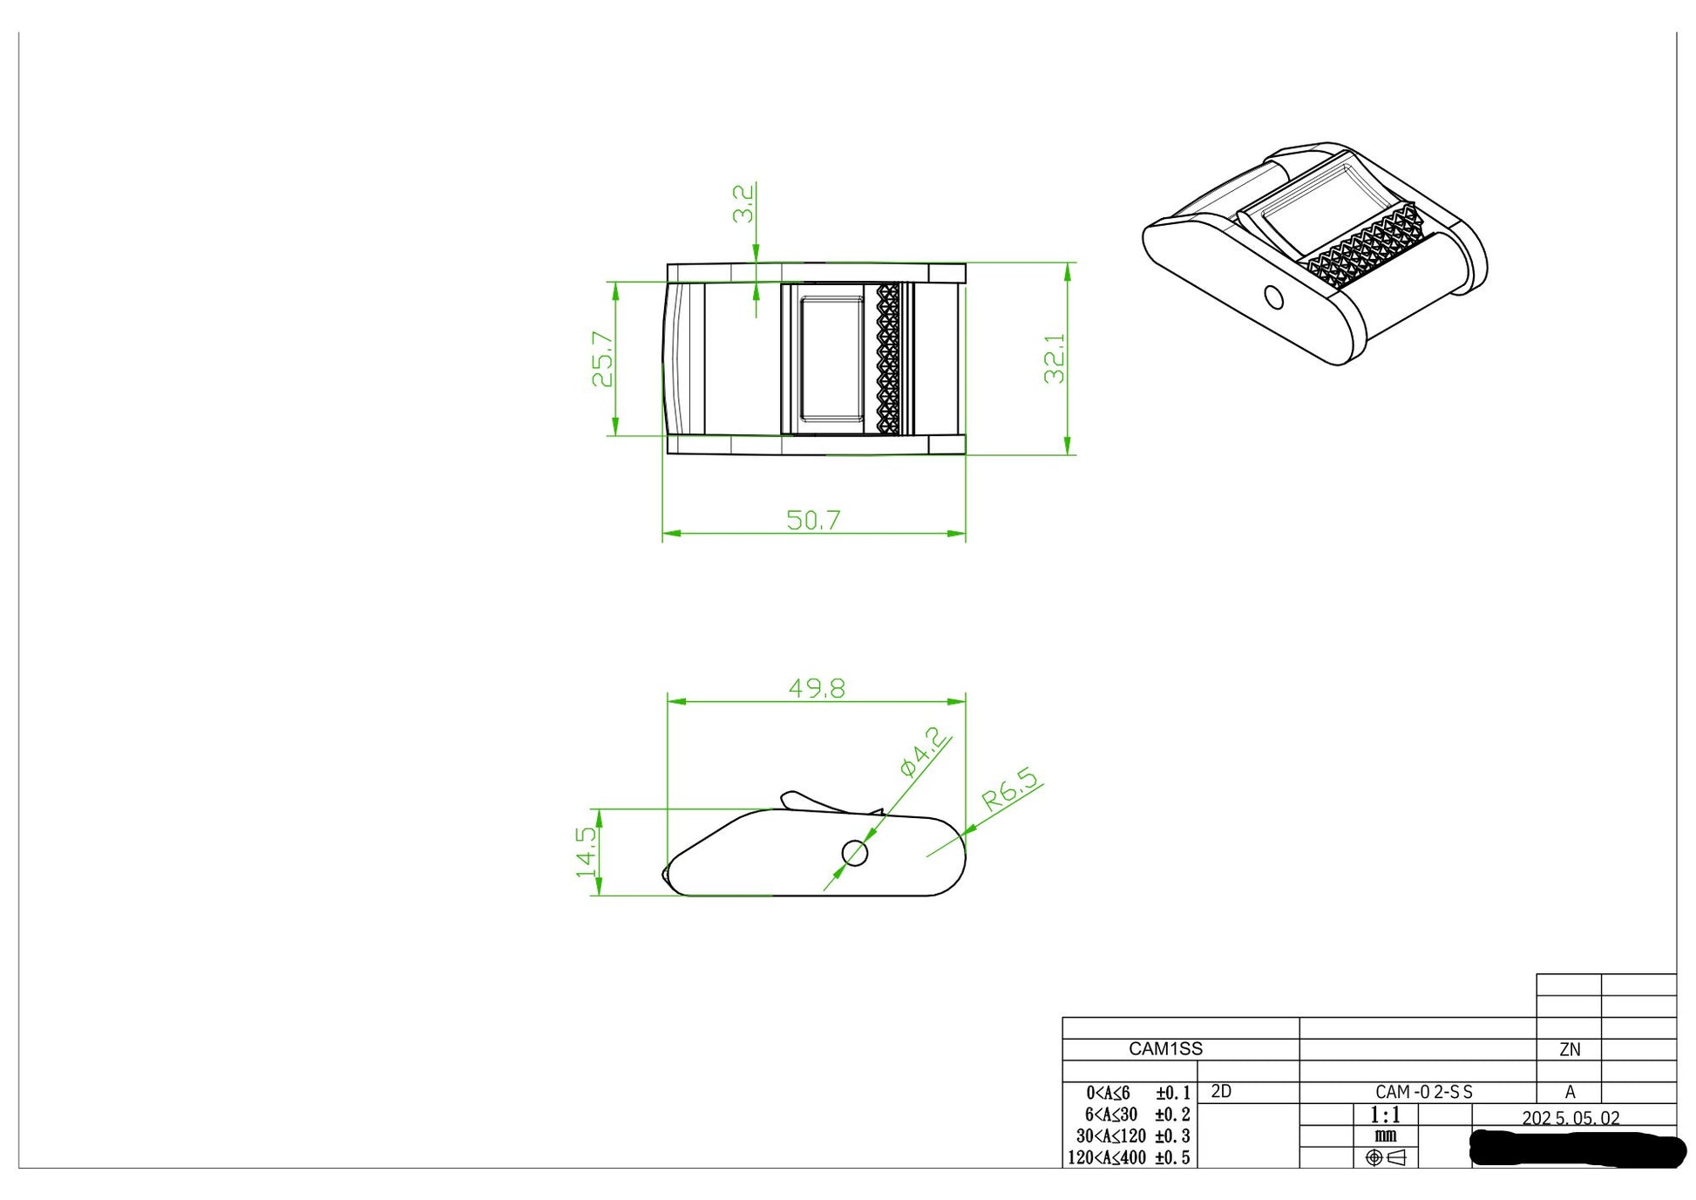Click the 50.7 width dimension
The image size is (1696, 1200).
813,520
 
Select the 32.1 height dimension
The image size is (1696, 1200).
1055,358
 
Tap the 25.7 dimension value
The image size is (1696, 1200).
602,358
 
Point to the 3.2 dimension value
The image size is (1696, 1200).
743,203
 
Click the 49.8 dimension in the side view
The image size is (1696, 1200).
817,688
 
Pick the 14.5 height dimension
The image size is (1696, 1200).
587,852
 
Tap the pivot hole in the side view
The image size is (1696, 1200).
855,854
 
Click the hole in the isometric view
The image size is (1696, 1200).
1273,298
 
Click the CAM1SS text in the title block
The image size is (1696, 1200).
1165,1049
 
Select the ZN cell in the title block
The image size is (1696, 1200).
1570,1050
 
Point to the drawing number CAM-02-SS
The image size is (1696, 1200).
1424,1092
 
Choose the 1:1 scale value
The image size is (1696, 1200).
1385,1115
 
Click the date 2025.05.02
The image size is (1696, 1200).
1570,1118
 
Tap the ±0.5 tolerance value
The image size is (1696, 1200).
1172,1158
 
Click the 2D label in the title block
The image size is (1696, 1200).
1221,1092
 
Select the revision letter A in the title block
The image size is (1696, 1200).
1570,1092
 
